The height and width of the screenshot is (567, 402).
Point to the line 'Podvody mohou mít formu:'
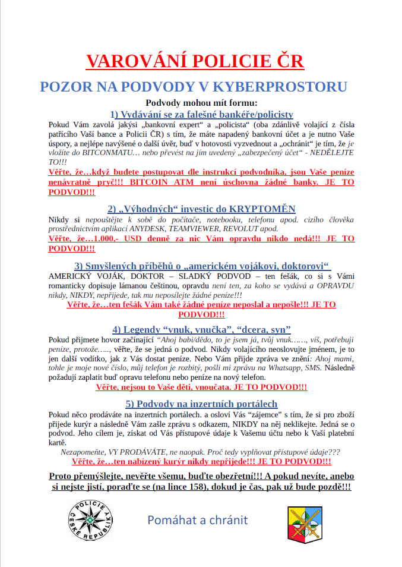click(x=201, y=103)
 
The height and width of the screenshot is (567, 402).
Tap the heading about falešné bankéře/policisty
click(x=201, y=114)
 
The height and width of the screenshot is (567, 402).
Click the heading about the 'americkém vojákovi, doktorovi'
click(x=201, y=265)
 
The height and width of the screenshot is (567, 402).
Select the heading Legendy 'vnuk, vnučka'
click(x=201, y=329)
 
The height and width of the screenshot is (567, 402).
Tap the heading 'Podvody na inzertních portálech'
click(x=201, y=404)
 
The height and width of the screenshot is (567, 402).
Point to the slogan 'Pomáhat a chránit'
click(x=198, y=520)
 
